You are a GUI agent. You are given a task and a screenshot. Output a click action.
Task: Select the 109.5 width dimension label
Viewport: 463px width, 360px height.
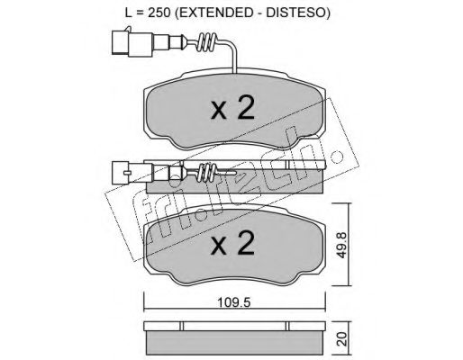[234, 302]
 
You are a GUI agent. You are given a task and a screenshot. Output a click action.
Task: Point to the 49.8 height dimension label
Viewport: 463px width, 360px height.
[342, 245]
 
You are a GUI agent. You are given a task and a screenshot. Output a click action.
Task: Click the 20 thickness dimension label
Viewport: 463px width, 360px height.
[342, 338]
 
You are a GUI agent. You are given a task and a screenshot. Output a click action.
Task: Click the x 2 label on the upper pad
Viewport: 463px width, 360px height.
[233, 109]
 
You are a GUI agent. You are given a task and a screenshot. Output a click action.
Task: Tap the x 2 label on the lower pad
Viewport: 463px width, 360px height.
[233, 243]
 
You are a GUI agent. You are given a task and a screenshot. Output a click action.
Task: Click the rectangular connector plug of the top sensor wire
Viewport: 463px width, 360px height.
[132, 42]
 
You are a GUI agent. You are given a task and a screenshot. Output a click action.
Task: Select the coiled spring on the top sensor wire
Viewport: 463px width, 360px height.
[206, 42]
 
